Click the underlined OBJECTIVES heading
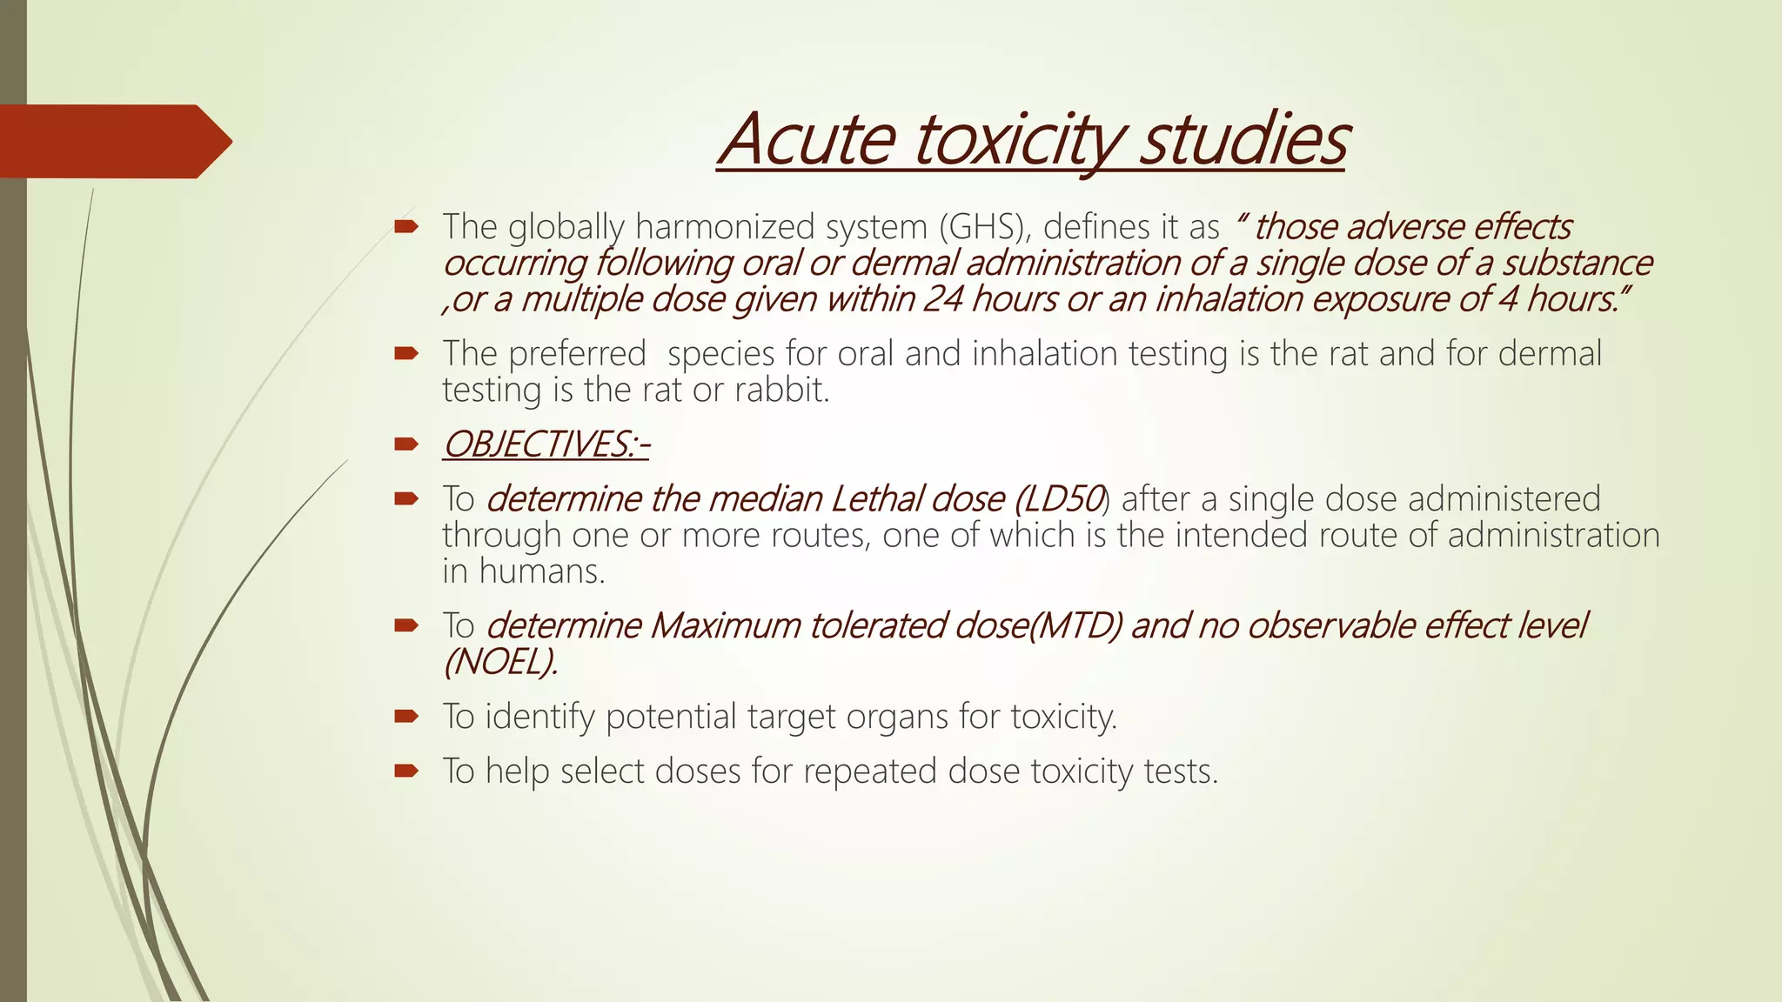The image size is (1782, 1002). (x=546, y=444)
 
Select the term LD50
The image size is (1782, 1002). (x=1060, y=499)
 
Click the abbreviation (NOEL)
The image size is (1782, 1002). (x=500, y=663)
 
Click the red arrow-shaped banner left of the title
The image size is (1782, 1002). (x=113, y=141)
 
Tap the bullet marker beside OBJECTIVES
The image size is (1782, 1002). (x=406, y=444)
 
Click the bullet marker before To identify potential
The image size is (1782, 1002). (x=406, y=717)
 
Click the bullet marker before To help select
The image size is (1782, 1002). (x=406, y=771)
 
